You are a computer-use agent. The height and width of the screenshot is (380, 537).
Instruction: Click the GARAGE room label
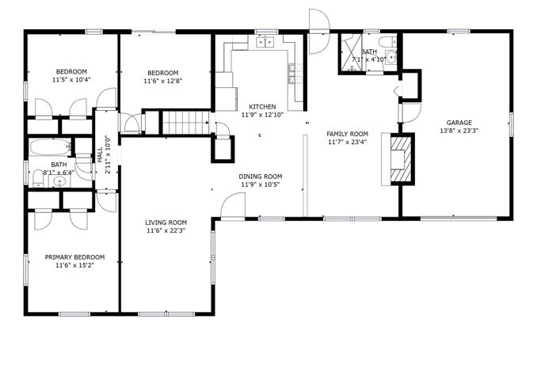coord(459,123)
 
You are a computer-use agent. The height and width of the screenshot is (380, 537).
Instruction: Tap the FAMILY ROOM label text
coord(347,135)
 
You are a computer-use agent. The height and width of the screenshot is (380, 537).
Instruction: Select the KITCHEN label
coord(262,107)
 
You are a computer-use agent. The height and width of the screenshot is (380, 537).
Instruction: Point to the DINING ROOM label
coord(261,177)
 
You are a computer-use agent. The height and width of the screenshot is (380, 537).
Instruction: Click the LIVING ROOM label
coord(166,222)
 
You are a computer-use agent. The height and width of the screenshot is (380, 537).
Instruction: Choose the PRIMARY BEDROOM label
coord(74,257)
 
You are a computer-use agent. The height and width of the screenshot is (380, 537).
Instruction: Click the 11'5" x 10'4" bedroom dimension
coord(71,80)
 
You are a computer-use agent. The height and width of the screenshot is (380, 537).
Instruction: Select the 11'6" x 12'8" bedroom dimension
coord(162,81)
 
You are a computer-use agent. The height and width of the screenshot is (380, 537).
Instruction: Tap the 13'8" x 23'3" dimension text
coord(459,131)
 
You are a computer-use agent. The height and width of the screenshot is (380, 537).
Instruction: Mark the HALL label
coord(100,154)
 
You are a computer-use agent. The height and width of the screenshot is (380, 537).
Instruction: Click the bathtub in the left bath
coord(51,147)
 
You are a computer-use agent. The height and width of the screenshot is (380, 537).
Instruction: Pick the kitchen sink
coord(265,42)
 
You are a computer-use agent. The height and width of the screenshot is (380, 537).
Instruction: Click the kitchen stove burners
coord(291,74)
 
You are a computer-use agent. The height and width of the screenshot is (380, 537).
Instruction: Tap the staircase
coord(185,123)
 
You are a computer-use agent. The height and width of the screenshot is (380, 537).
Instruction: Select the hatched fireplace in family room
coord(401,159)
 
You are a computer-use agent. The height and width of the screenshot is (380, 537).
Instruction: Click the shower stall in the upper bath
coord(351,53)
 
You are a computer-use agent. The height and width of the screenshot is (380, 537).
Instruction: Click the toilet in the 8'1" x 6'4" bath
coord(37,179)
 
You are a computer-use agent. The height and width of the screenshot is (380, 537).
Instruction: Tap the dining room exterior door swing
coord(233,205)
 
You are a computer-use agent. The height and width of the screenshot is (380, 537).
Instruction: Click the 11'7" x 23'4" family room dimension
coord(347,142)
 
